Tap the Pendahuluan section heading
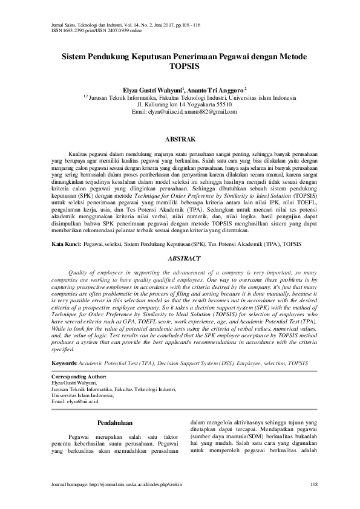[115, 422]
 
